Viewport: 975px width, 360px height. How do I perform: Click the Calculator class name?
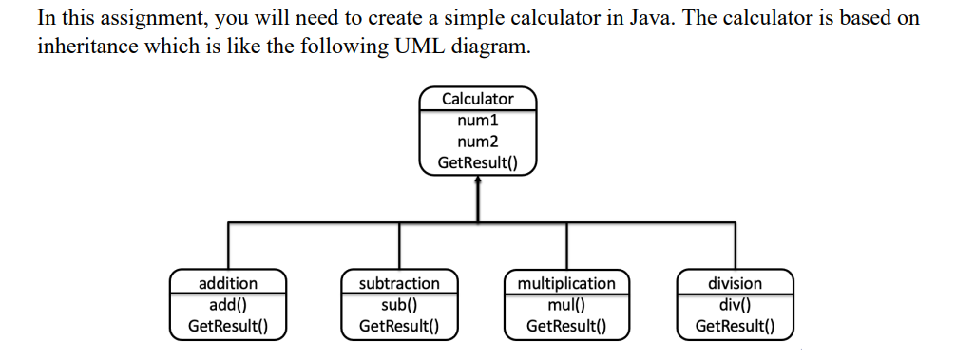point(477,99)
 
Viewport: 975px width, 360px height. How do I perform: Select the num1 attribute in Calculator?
point(477,121)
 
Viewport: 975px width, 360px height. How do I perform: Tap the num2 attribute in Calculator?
point(477,142)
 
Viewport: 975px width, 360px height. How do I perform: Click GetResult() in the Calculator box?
point(477,162)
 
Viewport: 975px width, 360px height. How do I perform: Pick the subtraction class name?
point(399,283)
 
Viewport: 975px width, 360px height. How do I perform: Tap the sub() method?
point(399,305)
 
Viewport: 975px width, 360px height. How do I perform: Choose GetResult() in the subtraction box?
point(399,326)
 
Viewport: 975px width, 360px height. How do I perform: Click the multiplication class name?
point(566,283)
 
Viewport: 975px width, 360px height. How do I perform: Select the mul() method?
point(566,305)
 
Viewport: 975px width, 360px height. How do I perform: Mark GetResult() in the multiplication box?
point(566,326)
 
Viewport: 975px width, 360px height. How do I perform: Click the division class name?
point(735,283)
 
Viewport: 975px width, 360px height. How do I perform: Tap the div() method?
point(735,305)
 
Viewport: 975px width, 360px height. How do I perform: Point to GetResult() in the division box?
point(735,326)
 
